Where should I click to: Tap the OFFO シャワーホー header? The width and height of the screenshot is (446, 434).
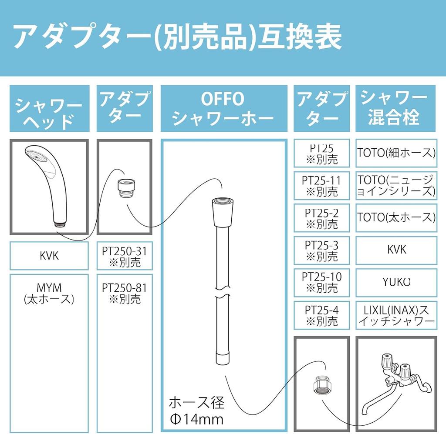tap(223, 109)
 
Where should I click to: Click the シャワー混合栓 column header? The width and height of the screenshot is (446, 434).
tap(396, 109)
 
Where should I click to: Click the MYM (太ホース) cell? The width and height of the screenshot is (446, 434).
tap(49, 294)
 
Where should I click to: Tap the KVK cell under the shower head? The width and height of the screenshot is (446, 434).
tap(49, 256)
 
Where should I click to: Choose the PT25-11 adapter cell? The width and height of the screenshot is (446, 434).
tap(321, 185)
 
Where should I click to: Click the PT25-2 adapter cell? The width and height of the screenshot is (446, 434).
tap(321, 218)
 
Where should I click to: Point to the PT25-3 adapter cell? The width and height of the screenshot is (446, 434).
tap(321, 250)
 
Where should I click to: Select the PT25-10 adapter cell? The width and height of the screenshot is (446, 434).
tap(321, 282)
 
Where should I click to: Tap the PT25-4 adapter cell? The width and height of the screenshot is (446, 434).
tap(321, 315)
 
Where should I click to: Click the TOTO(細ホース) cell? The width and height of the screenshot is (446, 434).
tap(396, 153)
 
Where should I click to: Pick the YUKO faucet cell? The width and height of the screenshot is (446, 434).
tap(396, 282)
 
